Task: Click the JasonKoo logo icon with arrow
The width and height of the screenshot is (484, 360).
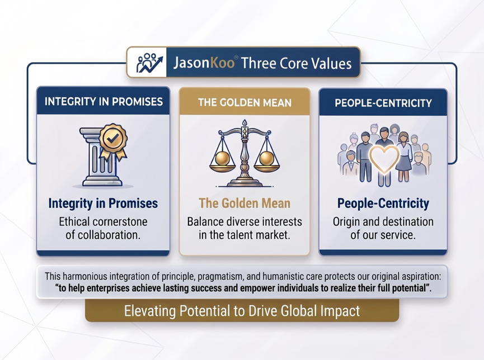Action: [x=149, y=62]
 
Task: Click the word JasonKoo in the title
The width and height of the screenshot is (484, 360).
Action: [x=204, y=63]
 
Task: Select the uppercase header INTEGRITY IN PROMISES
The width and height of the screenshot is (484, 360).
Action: [x=104, y=102]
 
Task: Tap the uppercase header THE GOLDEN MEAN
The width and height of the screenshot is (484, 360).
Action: [x=245, y=102]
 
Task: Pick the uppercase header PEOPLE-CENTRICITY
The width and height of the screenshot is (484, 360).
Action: [x=383, y=103]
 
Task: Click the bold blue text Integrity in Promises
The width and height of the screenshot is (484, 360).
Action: [x=103, y=203]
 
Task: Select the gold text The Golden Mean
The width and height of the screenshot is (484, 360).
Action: [x=245, y=203]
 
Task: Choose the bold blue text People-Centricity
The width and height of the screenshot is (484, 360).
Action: [x=383, y=203]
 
